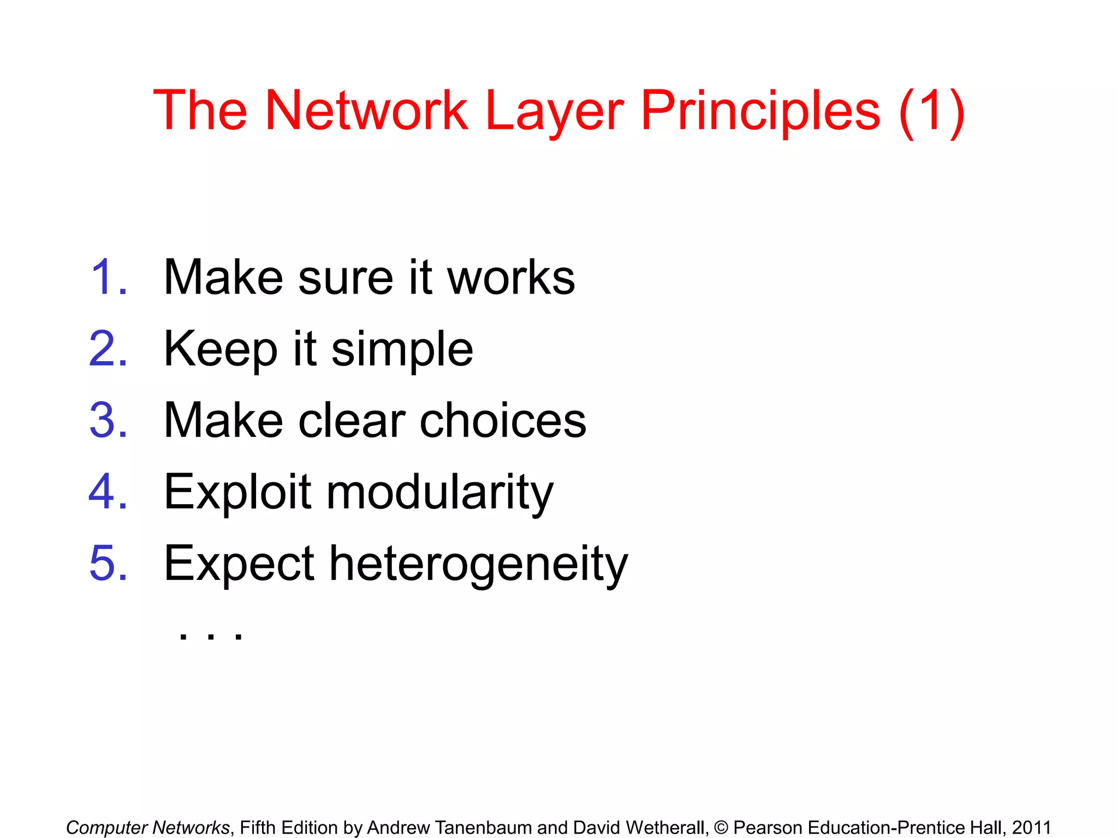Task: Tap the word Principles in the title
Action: point(760,112)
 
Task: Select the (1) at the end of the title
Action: point(931,112)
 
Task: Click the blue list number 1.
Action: point(108,278)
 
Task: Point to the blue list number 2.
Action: point(108,349)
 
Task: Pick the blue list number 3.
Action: point(108,421)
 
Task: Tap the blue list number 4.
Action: point(108,492)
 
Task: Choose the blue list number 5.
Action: point(108,564)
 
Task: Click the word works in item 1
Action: point(511,278)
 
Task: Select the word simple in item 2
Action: point(402,350)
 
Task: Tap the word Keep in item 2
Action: point(221,350)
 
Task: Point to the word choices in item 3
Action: point(503,421)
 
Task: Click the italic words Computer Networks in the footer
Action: point(148,828)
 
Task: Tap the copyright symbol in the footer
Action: point(721,828)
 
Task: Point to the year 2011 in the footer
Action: point(1031,828)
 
